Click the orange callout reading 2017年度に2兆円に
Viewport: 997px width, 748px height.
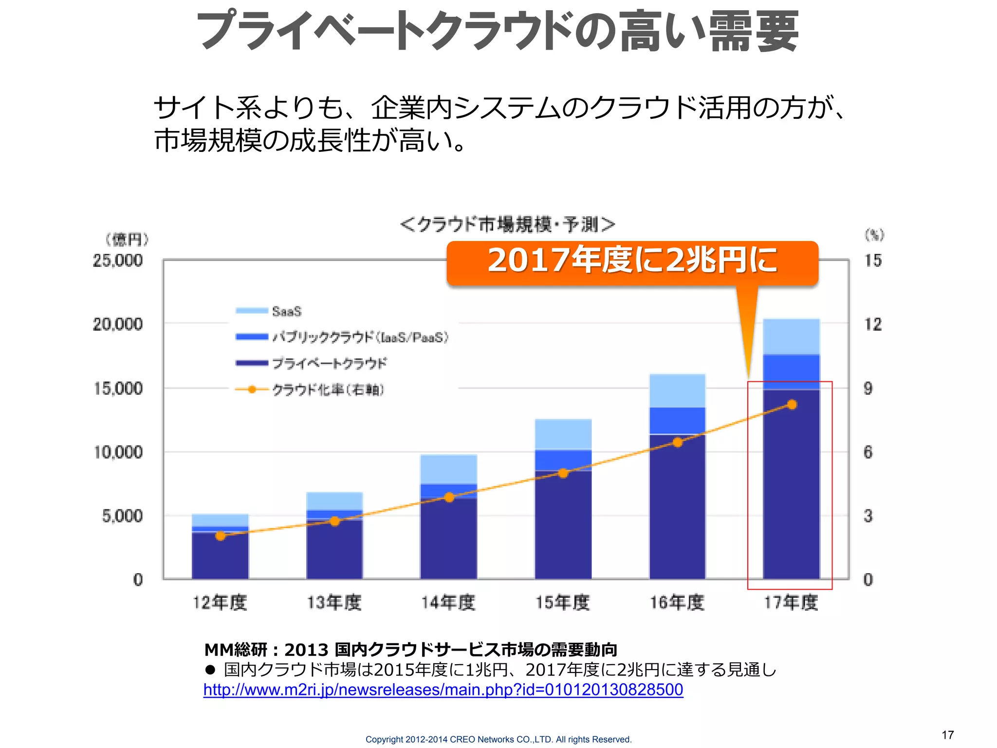[x=632, y=262]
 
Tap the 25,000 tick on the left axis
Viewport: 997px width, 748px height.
[x=118, y=261]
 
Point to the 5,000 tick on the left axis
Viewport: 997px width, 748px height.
[x=122, y=516]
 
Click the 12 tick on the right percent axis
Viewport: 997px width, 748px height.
[x=872, y=324]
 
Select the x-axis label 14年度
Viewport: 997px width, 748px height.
[x=448, y=603]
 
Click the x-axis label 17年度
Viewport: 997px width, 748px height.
[x=791, y=603]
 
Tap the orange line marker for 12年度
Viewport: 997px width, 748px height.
[x=221, y=536]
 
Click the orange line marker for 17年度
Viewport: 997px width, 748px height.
[x=792, y=405]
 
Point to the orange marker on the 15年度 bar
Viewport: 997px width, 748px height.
[x=563, y=473]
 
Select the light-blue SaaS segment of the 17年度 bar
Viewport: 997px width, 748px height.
[x=791, y=337]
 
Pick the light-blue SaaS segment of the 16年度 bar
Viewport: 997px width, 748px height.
[x=677, y=391]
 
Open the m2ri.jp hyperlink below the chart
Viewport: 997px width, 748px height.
[x=443, y=690]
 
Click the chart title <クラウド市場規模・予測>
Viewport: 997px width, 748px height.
[x=507, y=224]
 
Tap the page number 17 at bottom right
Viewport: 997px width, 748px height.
[x=947, y=735]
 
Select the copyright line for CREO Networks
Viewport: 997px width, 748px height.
[x=498, y=739]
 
